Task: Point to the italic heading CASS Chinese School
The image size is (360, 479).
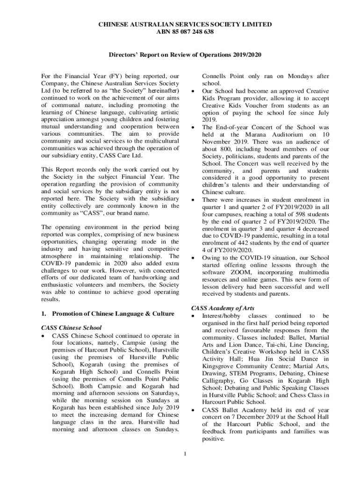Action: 72,327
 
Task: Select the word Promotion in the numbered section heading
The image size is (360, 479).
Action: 67,313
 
